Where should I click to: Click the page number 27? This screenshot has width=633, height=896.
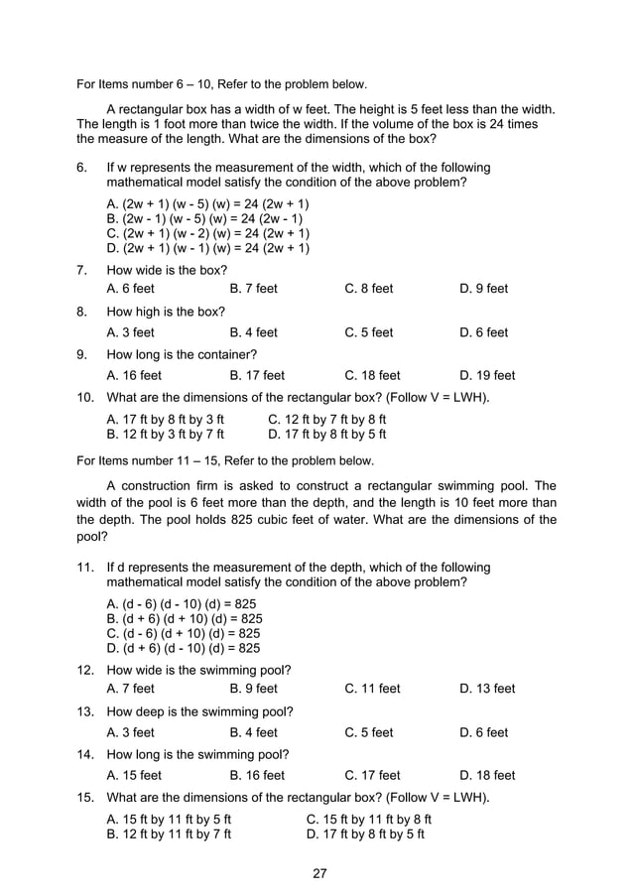pyautogui.click(x=318, y=873)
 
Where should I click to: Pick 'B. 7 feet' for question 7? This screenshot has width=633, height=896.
pyautogui.click(x=253, y=289)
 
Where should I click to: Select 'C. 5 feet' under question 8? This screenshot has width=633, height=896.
pyautogui.click(x=368, y=332)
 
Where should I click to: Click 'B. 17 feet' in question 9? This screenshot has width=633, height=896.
pyautogui.click(x=256, y=376)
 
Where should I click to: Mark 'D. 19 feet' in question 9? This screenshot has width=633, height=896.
pyautogui.click(x=487, y=376)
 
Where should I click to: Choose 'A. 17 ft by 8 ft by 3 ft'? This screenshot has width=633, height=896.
pyautogui.click(x=165, y=420)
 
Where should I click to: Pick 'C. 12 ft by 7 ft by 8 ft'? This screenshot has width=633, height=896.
pyautogui.click(x=326, y=420)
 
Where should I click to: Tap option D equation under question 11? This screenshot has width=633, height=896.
pyautogui.click(x=184, y=649)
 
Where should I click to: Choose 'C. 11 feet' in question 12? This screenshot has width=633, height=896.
pyautogui.click(x=372, y=689)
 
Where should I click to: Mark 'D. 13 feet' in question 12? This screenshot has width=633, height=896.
pyautogui.click(x=487, y=689)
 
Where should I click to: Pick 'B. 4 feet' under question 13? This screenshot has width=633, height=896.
pyautogui.click(x=253, y=732)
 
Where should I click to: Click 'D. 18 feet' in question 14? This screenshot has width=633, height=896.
pyautogui.click(x=487, y=776)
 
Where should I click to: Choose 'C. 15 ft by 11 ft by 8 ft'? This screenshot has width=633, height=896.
pyautogui.click(x=369, y=820)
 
